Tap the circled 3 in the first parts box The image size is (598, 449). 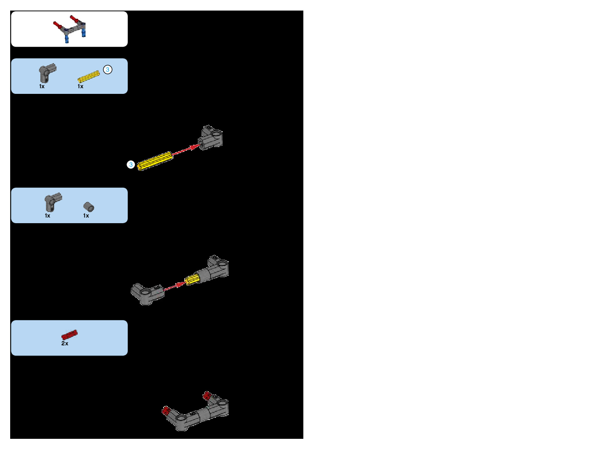(108, 70)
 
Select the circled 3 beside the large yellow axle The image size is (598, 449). (131, 165)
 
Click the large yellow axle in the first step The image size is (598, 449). (155, 161)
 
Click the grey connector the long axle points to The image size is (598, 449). (211, 138)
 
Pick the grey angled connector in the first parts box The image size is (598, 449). (47, 73)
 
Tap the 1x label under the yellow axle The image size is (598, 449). (80, 86)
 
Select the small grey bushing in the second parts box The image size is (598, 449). (89, 207)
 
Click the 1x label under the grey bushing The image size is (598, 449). (86, 216)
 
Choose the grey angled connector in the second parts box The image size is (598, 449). (52, 202)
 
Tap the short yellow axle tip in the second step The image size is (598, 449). (192, 280)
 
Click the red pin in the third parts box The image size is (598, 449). (69, 335)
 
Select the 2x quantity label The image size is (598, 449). (65, 343)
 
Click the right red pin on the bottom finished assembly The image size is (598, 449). (207, 395)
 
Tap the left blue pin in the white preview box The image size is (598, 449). (67, 39)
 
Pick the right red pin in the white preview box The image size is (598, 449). (75, 18)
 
